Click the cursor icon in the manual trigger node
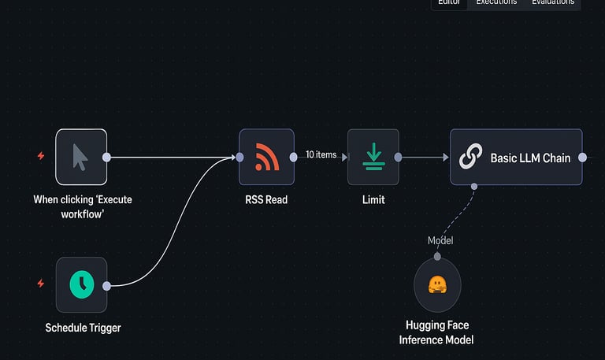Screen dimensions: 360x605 tap(80, 157)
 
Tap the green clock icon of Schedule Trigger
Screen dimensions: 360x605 tap(81, 284)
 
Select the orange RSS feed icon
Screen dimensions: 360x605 tap(266, 157)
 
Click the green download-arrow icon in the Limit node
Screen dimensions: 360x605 tap(373, 157)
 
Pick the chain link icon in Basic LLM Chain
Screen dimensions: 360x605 tap(470, 158)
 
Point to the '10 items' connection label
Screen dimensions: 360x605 tap(321, 155)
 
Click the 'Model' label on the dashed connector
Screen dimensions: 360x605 tap(440, 240)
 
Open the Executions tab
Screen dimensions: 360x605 tap(496, 2)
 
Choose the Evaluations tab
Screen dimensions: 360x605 tap(553, 2)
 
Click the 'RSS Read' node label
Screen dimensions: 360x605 tap(266, 200)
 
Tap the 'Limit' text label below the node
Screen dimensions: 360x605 tap(373, 200)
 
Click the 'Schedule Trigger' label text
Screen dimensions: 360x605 tap(83, 328)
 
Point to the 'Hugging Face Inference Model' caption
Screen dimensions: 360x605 tap(436, 332)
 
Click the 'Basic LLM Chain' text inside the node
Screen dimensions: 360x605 tap(530, 158)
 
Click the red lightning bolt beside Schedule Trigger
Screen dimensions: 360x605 tap(41, 284)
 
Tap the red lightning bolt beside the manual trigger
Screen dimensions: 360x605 tap(41, 156)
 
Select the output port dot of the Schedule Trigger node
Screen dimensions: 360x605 tap(107, 285)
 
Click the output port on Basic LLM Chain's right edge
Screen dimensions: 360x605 tap(582, 158)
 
